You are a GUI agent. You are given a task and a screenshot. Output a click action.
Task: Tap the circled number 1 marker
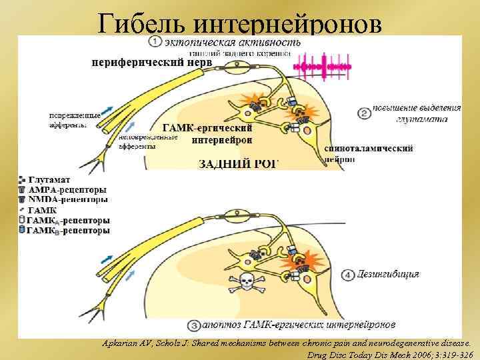155,42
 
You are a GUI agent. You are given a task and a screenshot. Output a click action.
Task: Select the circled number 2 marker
364,113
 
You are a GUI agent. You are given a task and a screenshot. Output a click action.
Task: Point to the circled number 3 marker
194,326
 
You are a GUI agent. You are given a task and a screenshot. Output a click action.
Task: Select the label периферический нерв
152,62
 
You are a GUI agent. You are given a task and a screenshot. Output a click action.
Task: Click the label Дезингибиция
389,275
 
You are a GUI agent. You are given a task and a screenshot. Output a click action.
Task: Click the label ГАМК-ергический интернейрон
208,133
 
